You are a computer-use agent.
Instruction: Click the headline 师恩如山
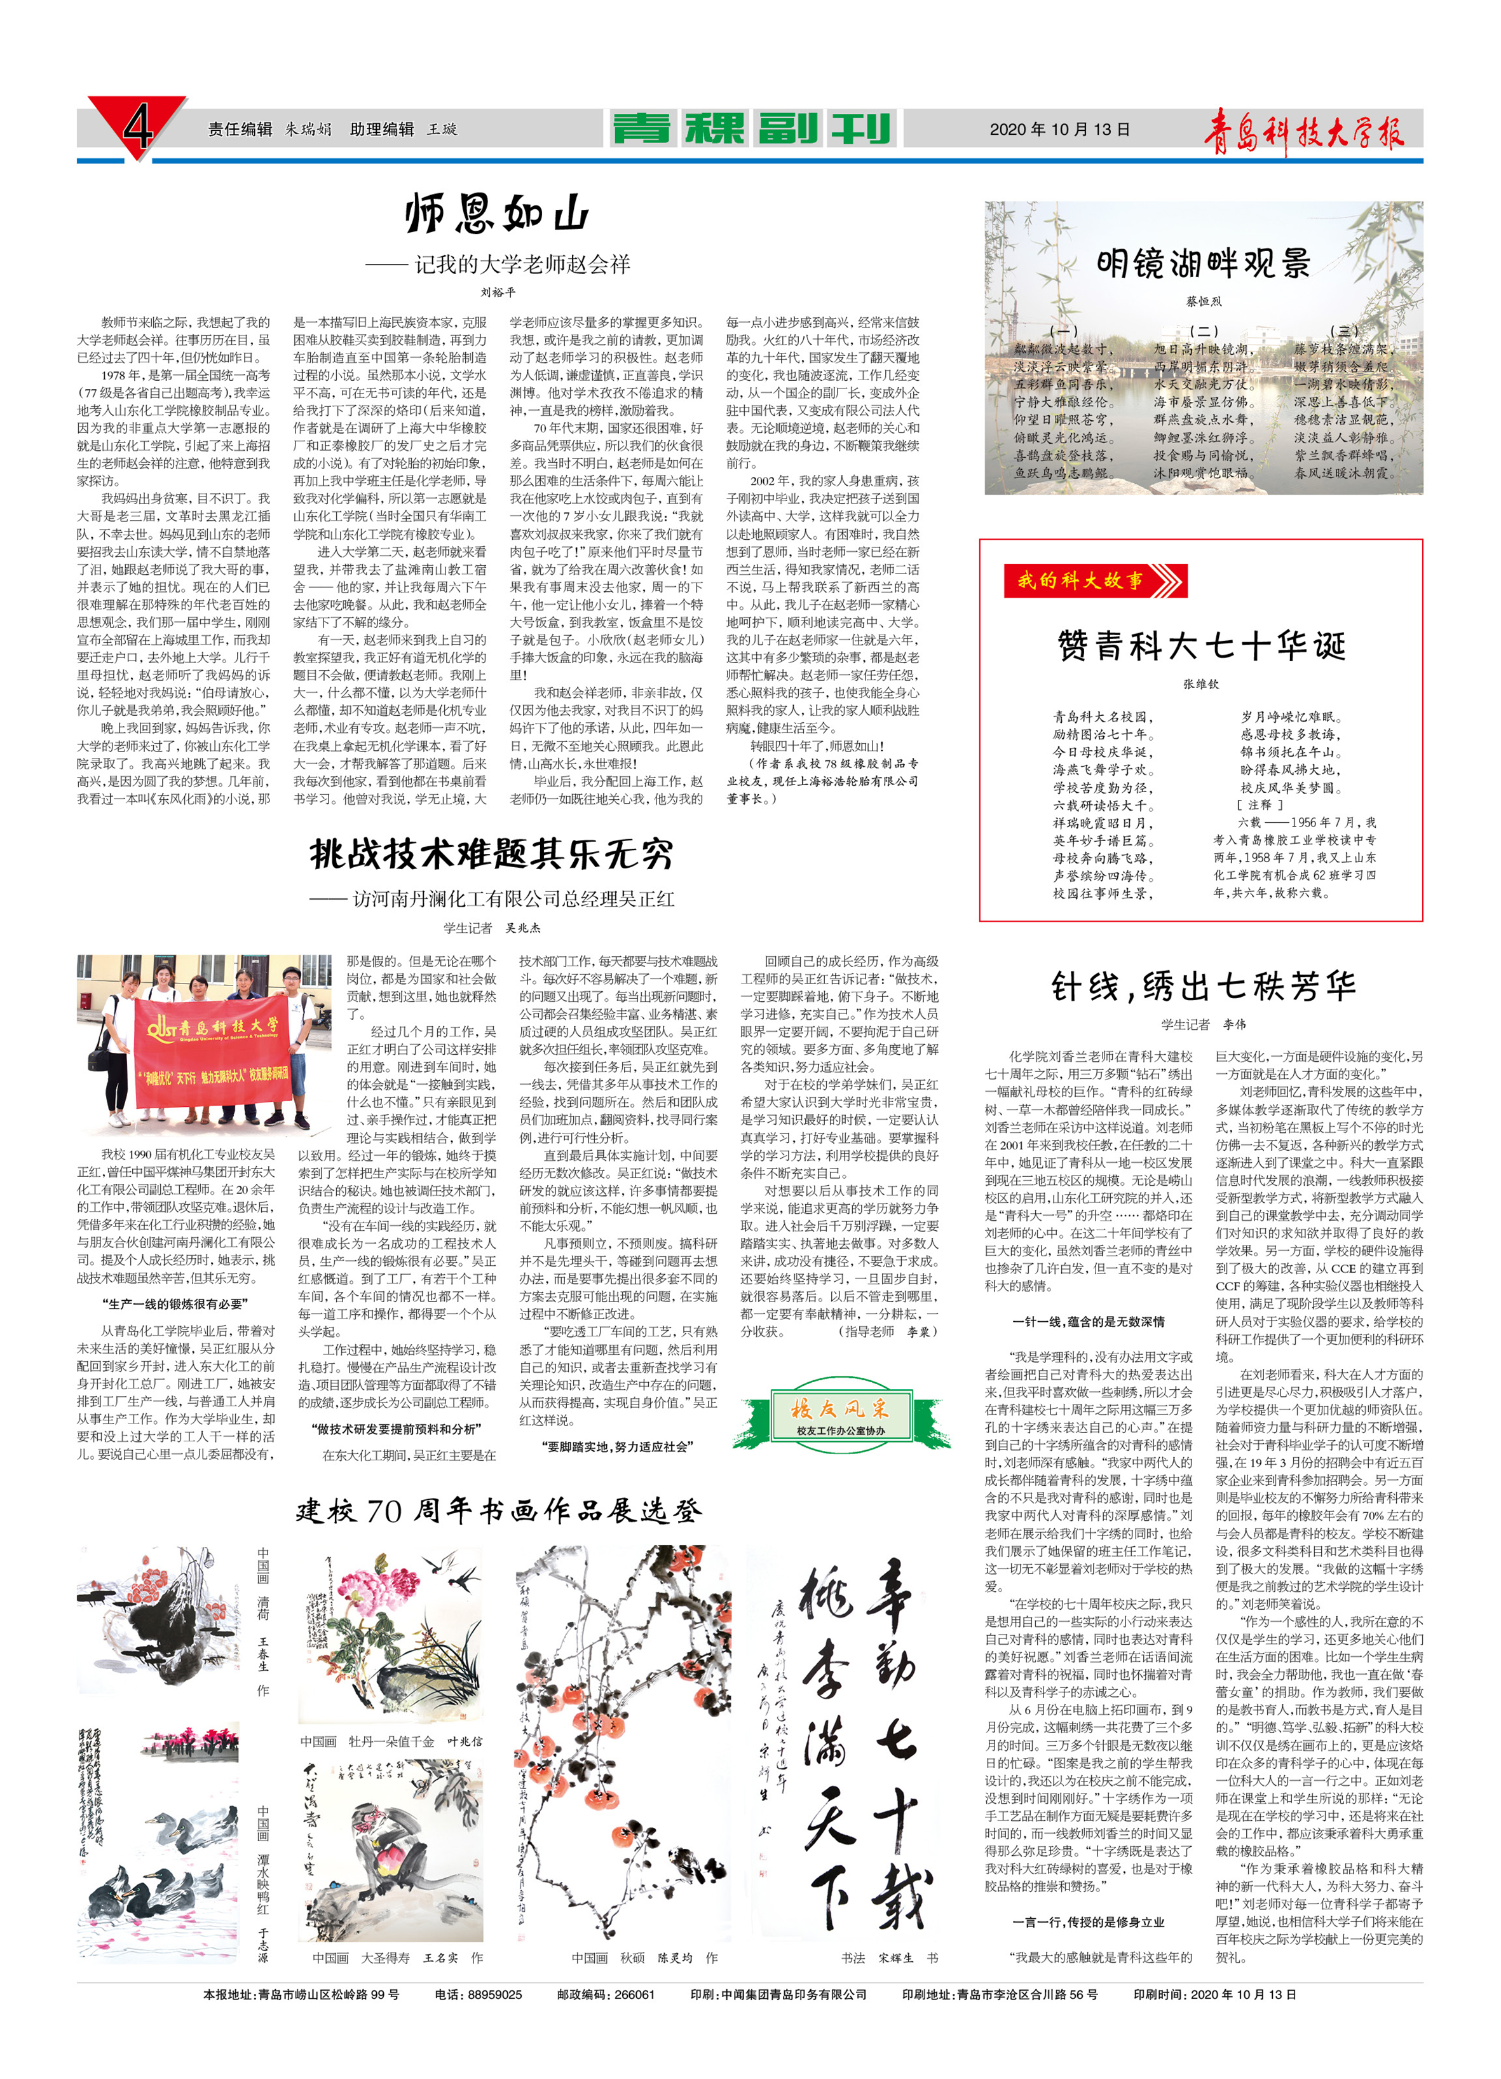pos(497,214)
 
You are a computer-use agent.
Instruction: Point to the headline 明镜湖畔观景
pos(1203,263)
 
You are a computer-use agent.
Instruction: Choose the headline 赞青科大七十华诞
pos(1201,645)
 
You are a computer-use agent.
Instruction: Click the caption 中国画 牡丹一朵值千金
pos(390,1741)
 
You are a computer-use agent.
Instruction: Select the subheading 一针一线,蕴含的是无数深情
pos(1088,1321)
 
